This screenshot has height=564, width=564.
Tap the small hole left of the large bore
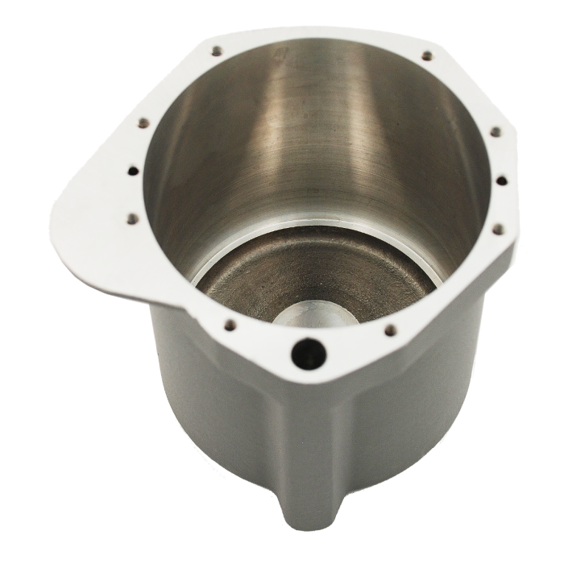tap(230, 326)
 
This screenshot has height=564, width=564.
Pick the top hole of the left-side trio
tap(143, 123)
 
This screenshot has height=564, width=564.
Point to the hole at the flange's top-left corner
tap(217, 52)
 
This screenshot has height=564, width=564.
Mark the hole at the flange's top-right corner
tap(426, 56)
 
